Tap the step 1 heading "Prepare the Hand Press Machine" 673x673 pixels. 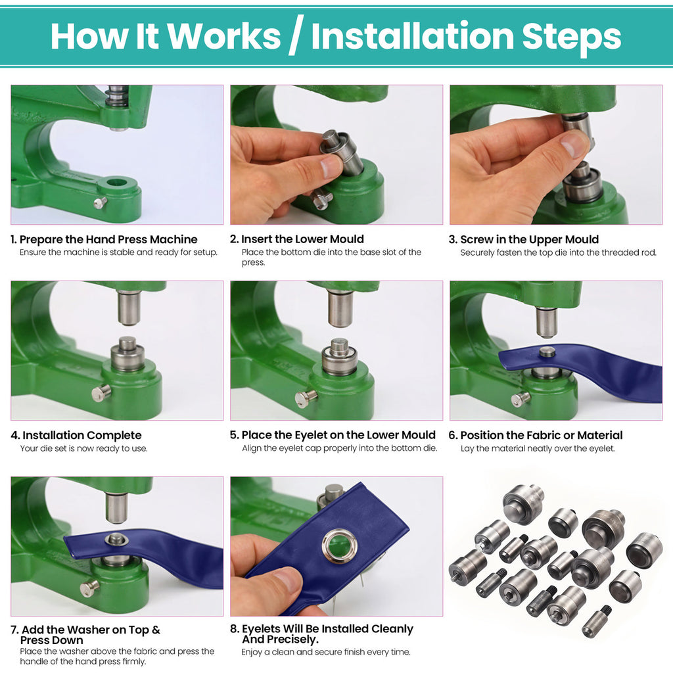click(108, 239)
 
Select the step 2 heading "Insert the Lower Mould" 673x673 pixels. click(302, 239)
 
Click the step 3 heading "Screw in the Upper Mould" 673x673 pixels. click(529, 239)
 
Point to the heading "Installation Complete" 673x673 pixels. click(82, 435)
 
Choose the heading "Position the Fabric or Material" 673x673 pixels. click(541, 435)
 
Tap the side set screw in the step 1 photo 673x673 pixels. click(100, 202)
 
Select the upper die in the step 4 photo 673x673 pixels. click(129, 308)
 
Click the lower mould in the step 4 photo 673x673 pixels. click(128, 355)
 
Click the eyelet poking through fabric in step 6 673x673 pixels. click(547, 352)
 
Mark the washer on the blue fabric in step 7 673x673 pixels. click(116, 540)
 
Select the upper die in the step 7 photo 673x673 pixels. click(116, 507)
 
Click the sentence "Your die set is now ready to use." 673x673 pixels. click(83, 448)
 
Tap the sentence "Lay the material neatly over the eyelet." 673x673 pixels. click(537, 448)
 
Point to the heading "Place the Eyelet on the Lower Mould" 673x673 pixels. click(338, 435)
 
